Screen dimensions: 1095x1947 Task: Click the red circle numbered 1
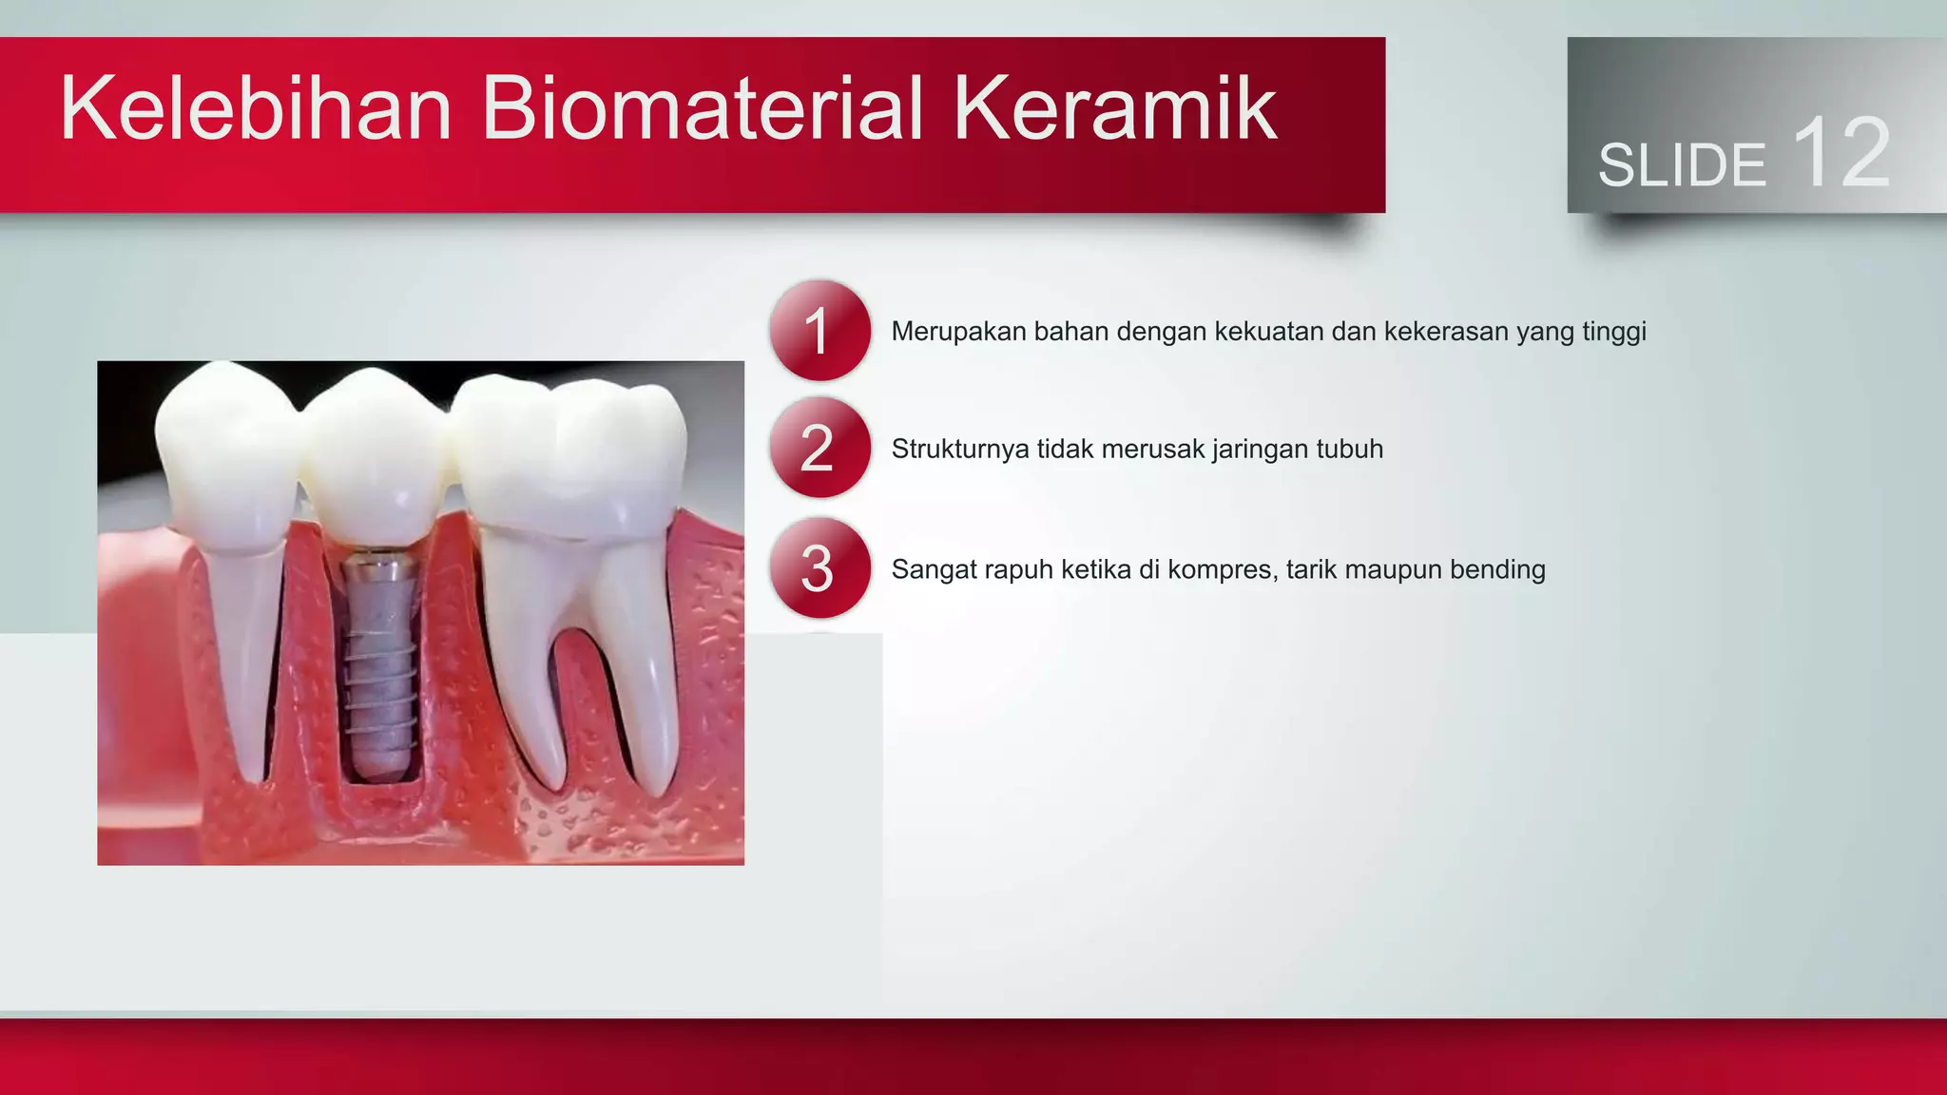pyautogui.click(x=819, y=331)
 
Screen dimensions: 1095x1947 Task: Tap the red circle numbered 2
pyautogui.click(x=819, y=448)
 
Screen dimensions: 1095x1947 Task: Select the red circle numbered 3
pyautogui.click(x=819, y=568)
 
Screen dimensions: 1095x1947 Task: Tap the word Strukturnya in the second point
pyautogui.click(x=960, y=449)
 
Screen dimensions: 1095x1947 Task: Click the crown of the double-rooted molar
pyautogui.click(x=570, y=456)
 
